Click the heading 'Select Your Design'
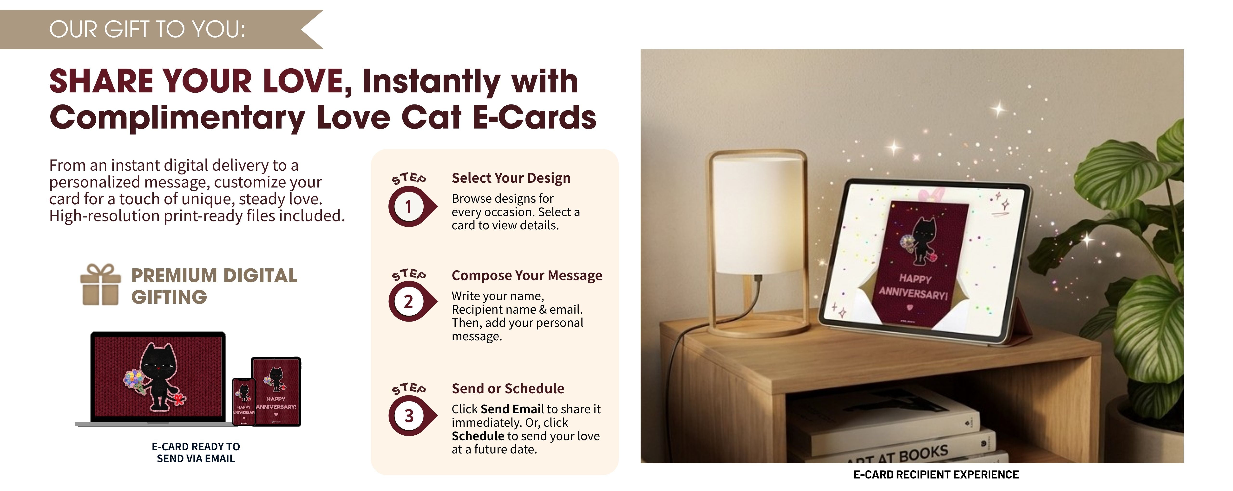[511, 178]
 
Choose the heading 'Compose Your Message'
[526, 276]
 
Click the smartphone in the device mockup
[244, 401]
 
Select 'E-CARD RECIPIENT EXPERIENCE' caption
[936, 475]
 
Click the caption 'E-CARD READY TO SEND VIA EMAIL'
[196, 452]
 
